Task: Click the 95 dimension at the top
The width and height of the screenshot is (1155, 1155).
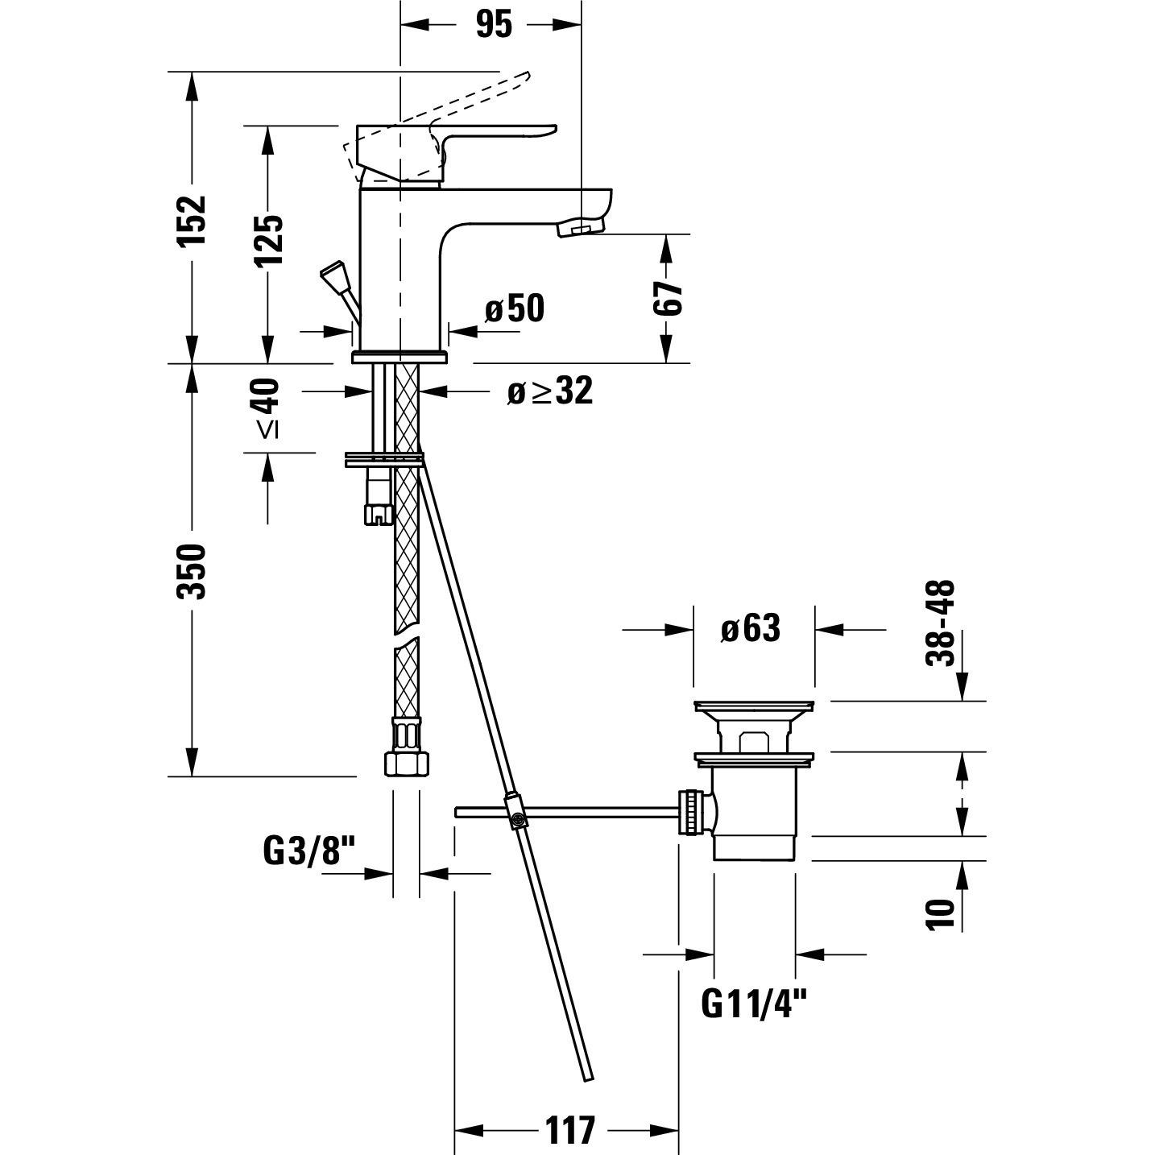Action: tap(495, 25)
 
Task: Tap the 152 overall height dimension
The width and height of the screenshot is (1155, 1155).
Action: tap(192, 219)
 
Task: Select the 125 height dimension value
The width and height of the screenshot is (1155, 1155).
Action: tap(268, 240)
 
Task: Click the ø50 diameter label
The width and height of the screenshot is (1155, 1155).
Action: tap(515, 309)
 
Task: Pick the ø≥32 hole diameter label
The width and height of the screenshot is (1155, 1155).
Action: tap(550, 391)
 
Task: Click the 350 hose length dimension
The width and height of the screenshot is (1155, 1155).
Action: tap(192, 571)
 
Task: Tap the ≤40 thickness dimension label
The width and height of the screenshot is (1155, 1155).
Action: tap(268, 408)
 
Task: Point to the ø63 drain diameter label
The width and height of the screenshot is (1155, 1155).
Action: tap(751, 629)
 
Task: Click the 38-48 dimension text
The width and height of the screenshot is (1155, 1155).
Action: tap(940, 623)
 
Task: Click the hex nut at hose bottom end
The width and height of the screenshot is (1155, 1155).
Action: tap(406, 763)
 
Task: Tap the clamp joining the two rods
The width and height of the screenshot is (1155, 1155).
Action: tap(515, 812)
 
